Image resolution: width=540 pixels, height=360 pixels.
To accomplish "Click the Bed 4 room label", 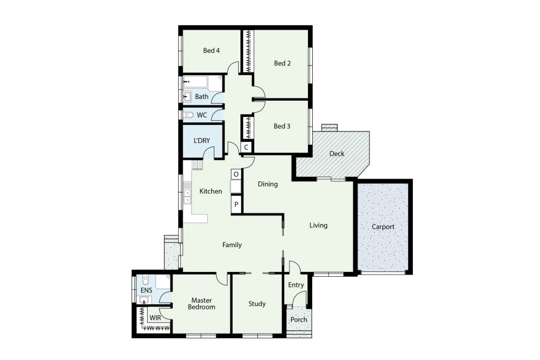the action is [211, 51].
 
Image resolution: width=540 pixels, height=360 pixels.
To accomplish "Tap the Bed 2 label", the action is [282, 63].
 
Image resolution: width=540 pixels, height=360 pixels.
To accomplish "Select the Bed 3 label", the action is [282, 127].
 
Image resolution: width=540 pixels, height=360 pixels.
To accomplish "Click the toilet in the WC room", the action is [188, 114].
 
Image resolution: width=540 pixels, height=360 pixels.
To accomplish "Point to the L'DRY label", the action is [201, 140].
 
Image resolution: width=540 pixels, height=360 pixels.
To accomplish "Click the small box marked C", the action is [246, 147].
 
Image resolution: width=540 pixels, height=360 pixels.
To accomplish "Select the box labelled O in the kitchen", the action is [236, 174].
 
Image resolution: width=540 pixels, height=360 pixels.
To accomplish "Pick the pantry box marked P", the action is [236, 205].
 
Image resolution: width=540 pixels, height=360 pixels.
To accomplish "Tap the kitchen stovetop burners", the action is [197, 165].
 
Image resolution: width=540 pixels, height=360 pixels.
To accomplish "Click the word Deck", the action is [336, 154].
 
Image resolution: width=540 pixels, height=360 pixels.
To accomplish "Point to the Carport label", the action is [383, 227].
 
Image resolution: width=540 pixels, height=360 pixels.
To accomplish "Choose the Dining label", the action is [267, 184].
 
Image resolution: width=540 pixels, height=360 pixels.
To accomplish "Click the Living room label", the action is [318, 226].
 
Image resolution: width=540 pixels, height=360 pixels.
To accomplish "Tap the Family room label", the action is [232, 245].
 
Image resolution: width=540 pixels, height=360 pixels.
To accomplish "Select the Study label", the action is [257, 304].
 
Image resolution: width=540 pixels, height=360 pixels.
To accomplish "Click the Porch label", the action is [298, 320].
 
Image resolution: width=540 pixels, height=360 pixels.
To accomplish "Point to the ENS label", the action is [147, 290].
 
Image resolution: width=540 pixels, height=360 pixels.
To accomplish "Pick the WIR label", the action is [155, 318].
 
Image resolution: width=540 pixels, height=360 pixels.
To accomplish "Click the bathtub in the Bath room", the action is [195, 82].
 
